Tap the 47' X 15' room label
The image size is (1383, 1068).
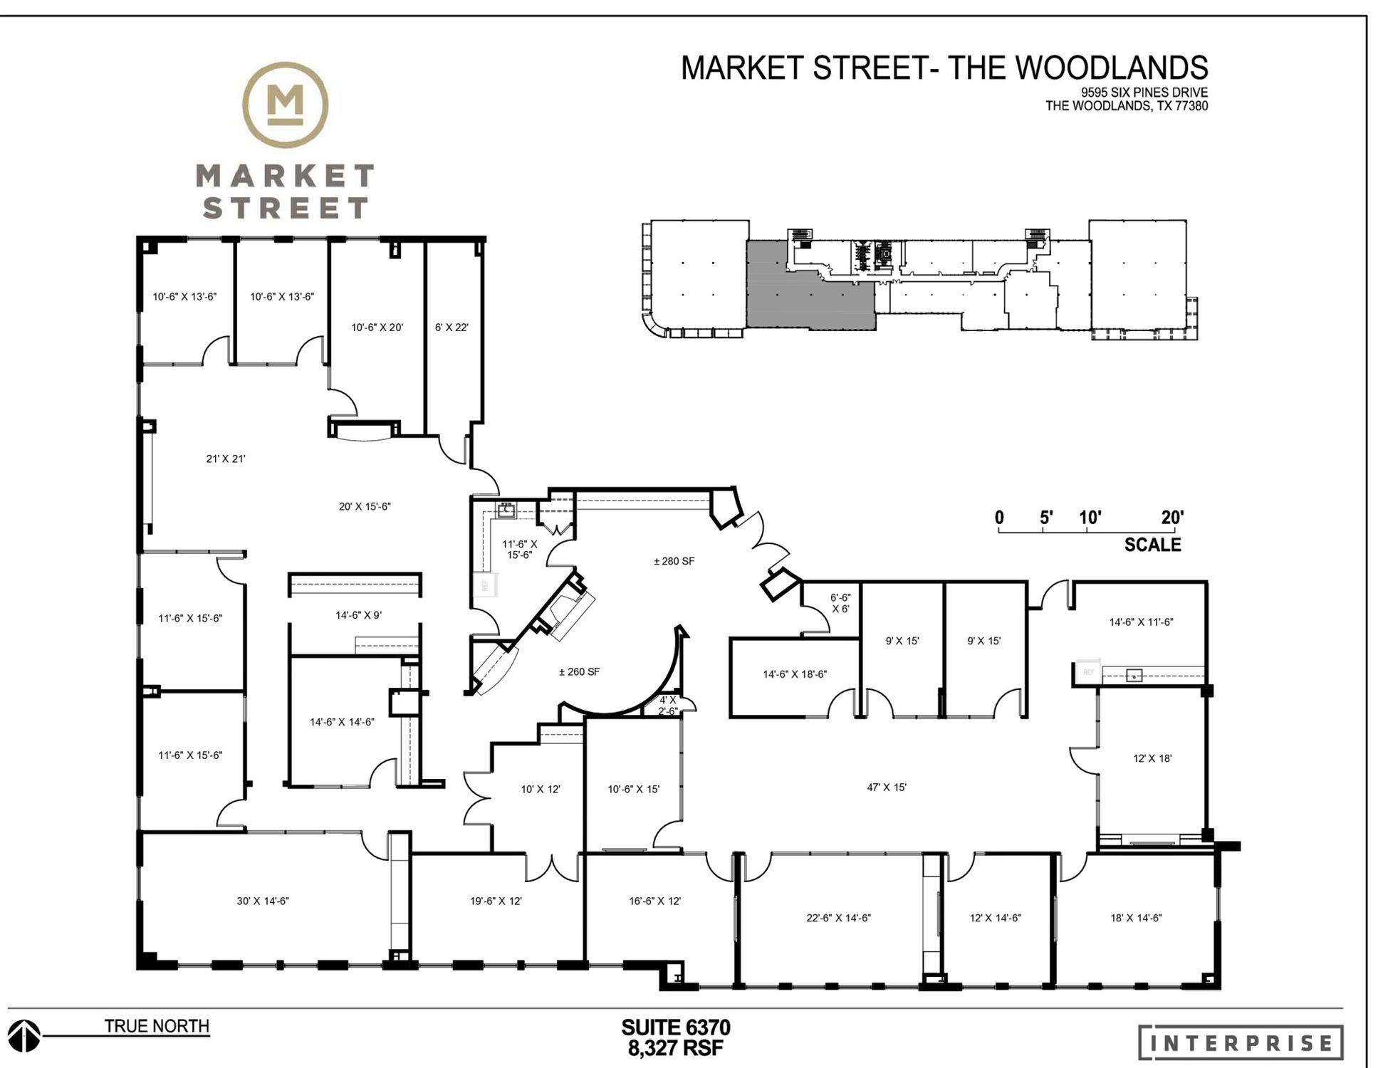(886, 787)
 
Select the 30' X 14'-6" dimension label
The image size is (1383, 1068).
(263, 901)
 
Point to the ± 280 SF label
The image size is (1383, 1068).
(674, 561)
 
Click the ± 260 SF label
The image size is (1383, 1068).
(579, 671)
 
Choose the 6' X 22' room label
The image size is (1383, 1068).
(452, 328)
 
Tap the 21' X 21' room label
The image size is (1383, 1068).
(226, 459)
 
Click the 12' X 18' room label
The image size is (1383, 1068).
(1152, 758)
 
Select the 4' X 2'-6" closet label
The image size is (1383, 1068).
(667, 706)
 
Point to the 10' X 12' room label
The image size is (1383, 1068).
(541, 789)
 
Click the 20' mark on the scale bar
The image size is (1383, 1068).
(1172, 518)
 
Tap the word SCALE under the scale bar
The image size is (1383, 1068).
(1152, 545)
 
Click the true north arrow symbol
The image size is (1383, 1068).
(24, 1035)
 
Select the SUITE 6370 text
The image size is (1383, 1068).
(675, 1027)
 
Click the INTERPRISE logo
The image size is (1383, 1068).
(1241, 1043)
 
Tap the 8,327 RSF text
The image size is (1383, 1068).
(675, 1048)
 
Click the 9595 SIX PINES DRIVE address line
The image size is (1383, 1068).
(1144, 93)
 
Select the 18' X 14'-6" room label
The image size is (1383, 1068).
(1136, 918)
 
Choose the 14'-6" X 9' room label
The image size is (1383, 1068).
(358, 614)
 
